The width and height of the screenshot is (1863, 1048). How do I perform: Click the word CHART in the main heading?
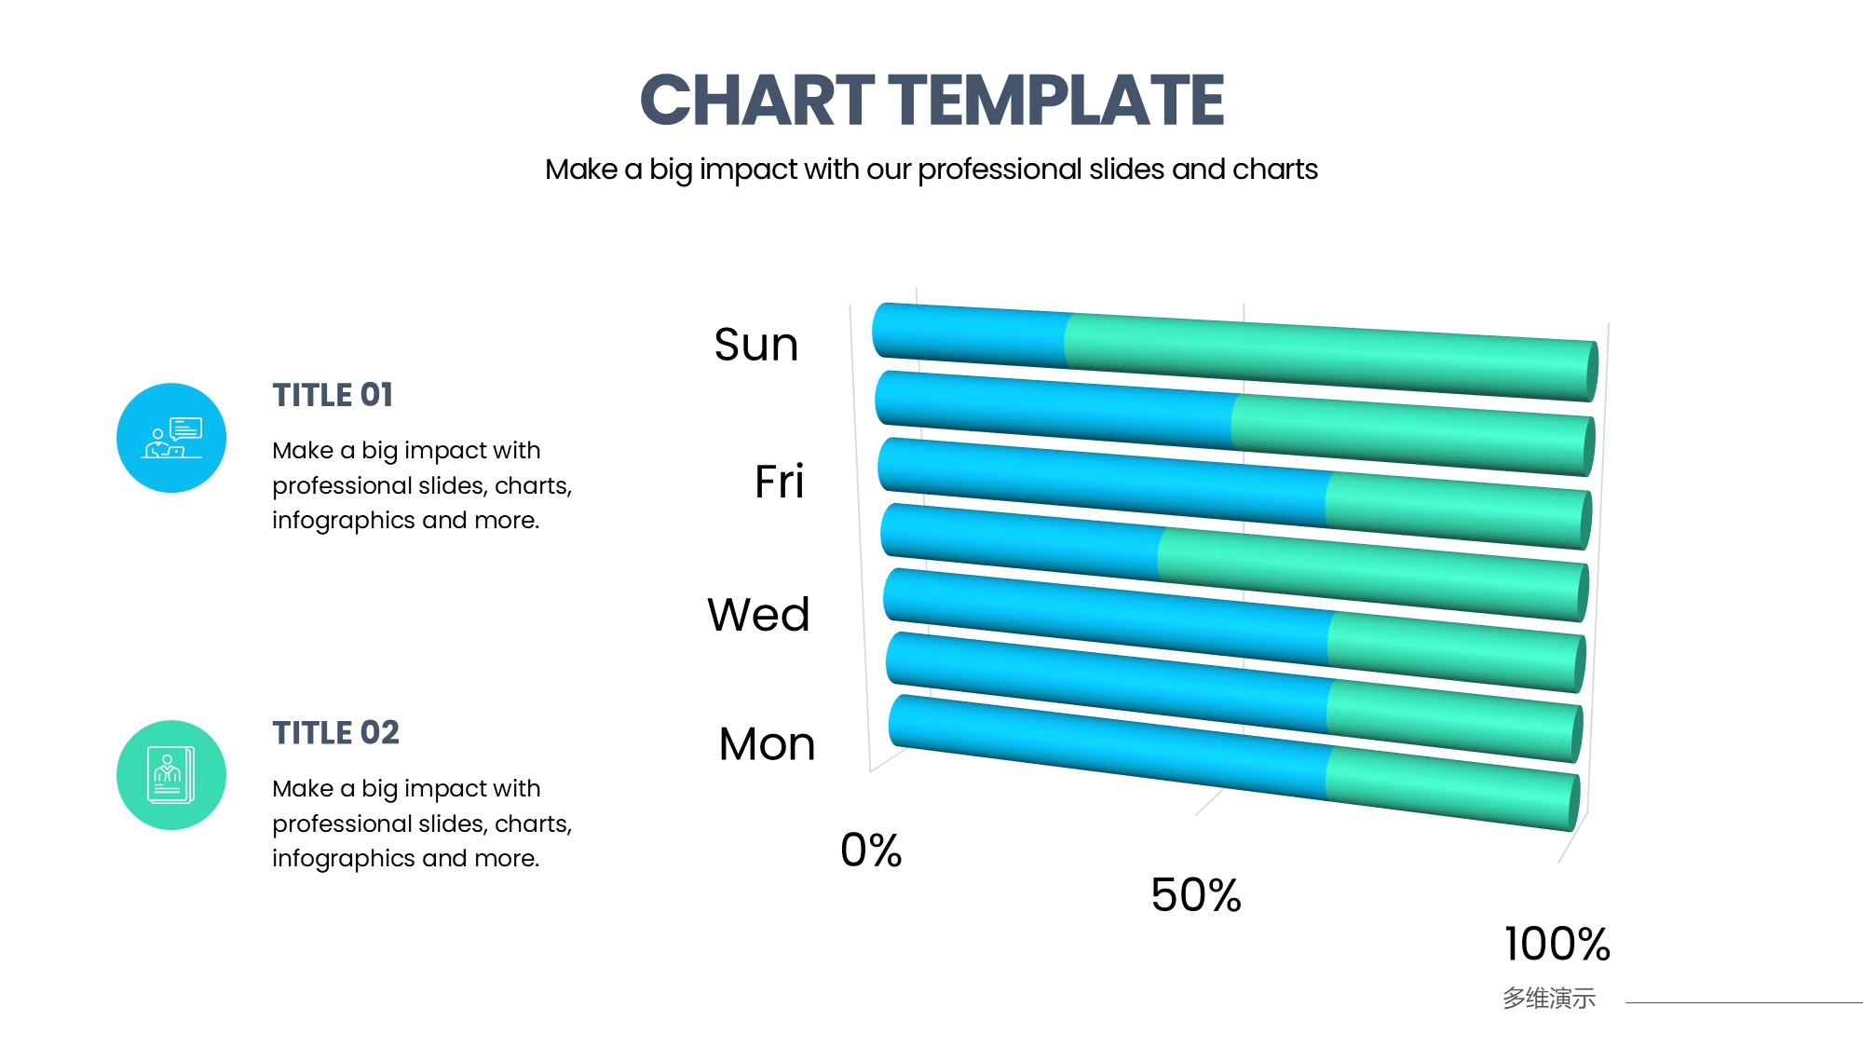point(756,100)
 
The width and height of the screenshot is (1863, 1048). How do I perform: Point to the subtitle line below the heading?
point(931,170)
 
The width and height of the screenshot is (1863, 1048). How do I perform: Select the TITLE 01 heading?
point(333,395)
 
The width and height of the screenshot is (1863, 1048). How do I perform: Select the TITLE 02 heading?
point(335,733)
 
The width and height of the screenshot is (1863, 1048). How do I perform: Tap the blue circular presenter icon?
point(171,438)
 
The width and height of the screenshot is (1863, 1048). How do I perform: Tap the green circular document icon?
point(171,775)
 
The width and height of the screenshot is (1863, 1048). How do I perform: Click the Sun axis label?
point(756,345)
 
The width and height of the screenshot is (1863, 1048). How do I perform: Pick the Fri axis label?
point(779,482)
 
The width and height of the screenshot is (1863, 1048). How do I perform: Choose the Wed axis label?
point(758,615)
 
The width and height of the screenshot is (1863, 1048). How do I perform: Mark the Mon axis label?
point(767,744)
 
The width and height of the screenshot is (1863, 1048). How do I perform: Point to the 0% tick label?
point(871,850)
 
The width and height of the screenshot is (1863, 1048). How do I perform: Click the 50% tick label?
point(1196,895)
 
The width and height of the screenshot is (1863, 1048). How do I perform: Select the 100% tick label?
point(1557,944)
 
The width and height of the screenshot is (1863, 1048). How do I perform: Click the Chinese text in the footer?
point(1549,999)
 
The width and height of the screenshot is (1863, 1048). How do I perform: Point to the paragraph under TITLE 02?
point(422,823)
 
